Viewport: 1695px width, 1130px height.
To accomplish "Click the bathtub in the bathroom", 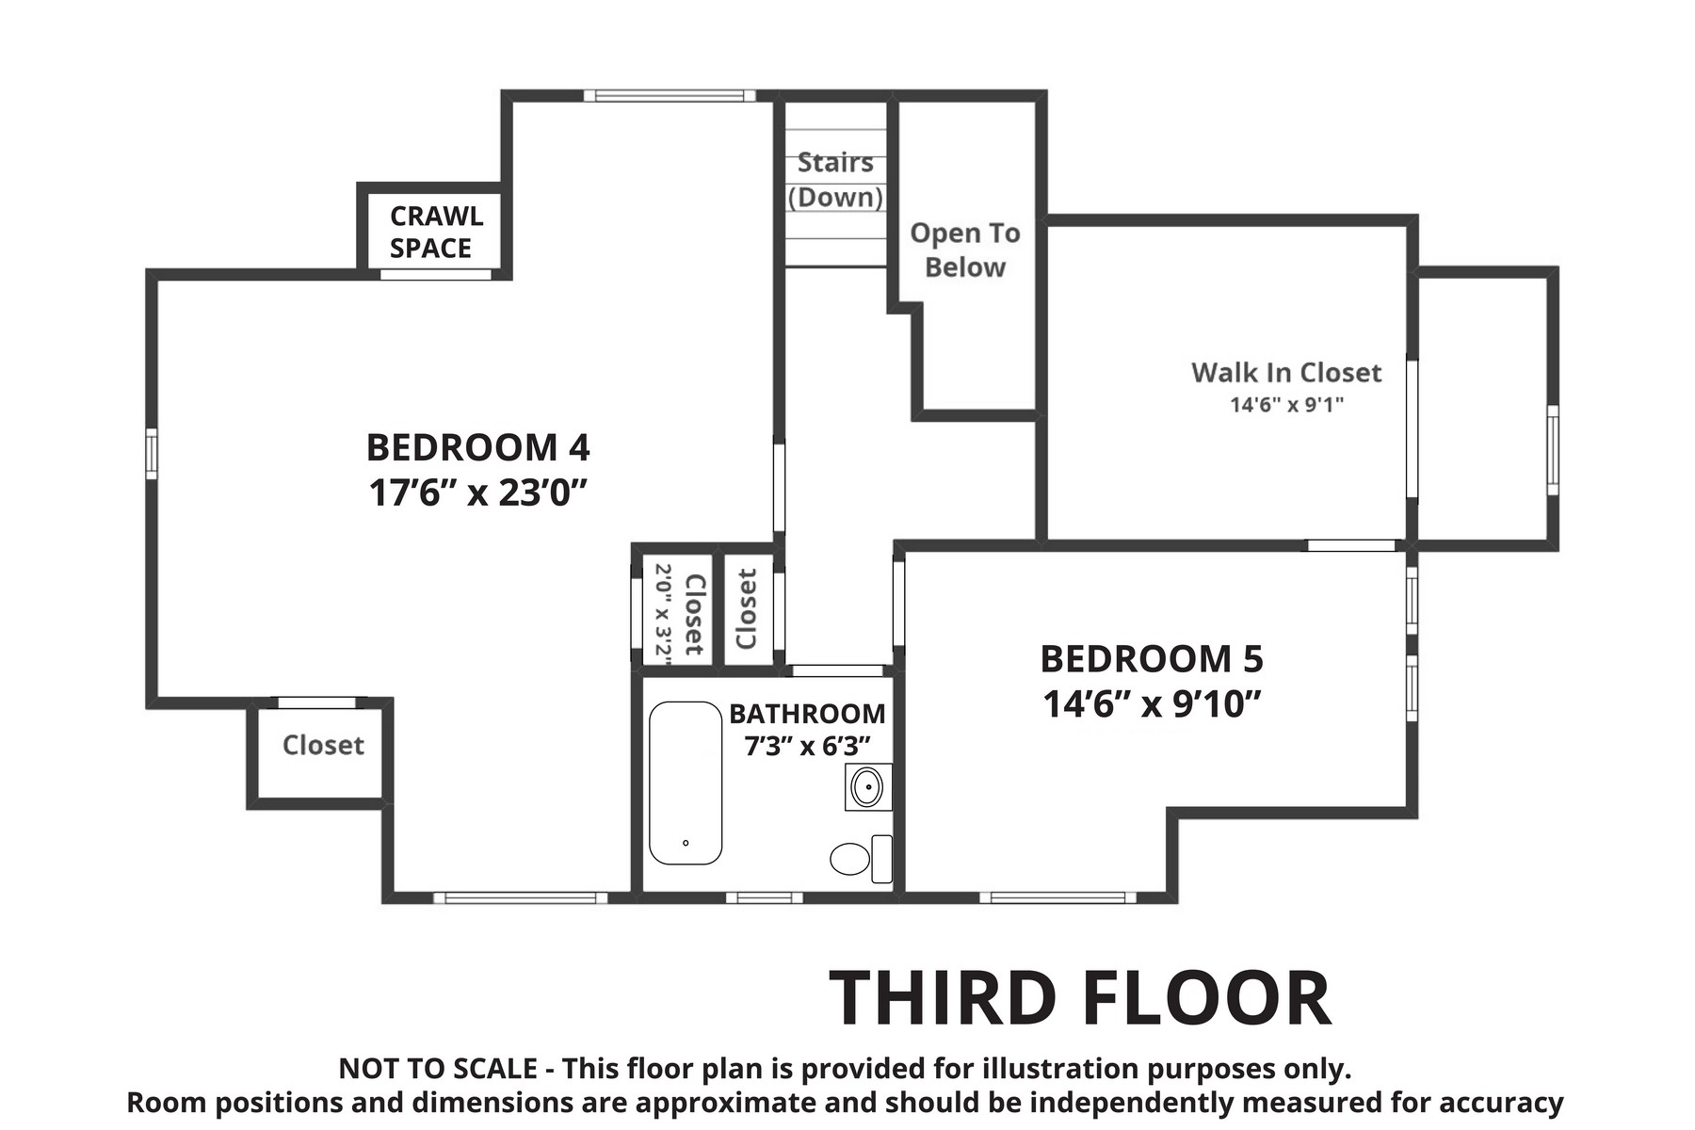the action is click(686, 783).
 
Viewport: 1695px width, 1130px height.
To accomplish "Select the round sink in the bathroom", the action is click(866, 786).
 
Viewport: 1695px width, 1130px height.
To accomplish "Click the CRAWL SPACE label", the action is click(434, 232).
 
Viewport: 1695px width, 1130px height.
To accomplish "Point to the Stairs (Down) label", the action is click(835, 180).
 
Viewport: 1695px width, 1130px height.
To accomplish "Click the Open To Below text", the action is click(965, 250).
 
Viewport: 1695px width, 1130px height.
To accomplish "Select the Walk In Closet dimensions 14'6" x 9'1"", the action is click(1286, 405).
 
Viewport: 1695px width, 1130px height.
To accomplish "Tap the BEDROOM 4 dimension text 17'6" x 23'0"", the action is click(478, 492).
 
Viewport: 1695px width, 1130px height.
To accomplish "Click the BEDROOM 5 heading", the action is click(1152, 659).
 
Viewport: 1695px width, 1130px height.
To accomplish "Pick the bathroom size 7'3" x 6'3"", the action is click(807, 746).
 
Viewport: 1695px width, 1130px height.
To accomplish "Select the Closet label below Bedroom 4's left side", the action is click(323, 745).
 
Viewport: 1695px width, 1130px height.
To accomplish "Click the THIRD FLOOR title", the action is click(1080, 998).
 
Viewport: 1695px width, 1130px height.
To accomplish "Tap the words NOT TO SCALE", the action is click(438, 1070).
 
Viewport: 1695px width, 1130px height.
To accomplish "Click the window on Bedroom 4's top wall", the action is click(670, 95).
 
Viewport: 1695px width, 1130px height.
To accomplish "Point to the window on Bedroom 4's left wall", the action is click(152, 454).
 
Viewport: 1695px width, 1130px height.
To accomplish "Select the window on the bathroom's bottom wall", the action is click(764, 897).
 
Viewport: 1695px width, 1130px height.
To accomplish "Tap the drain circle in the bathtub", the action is click(686, 844).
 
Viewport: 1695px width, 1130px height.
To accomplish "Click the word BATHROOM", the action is click(807, 714).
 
